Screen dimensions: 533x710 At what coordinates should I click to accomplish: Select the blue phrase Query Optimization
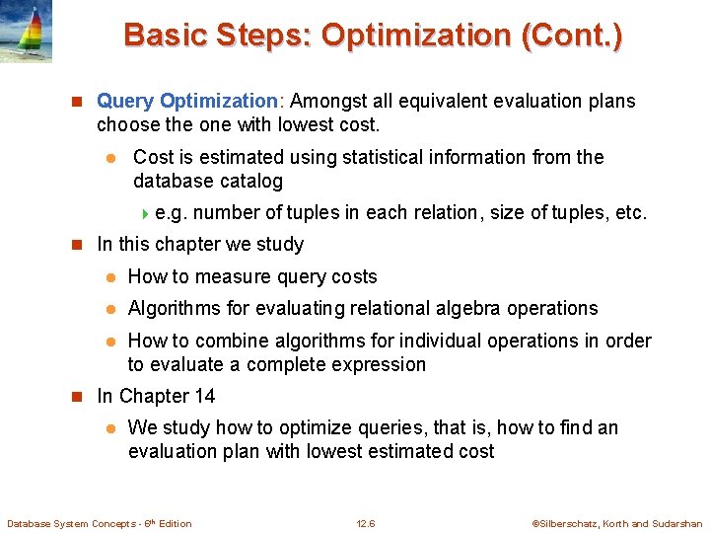(x=187, y=101)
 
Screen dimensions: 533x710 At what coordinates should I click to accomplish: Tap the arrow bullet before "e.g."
(x=146, y=213)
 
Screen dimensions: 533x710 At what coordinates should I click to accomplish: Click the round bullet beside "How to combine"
(x=111, y=342)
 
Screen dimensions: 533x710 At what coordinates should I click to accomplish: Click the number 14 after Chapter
(x=203, y=396)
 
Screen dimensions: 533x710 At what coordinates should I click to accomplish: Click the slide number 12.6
(x=367, y=523)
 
